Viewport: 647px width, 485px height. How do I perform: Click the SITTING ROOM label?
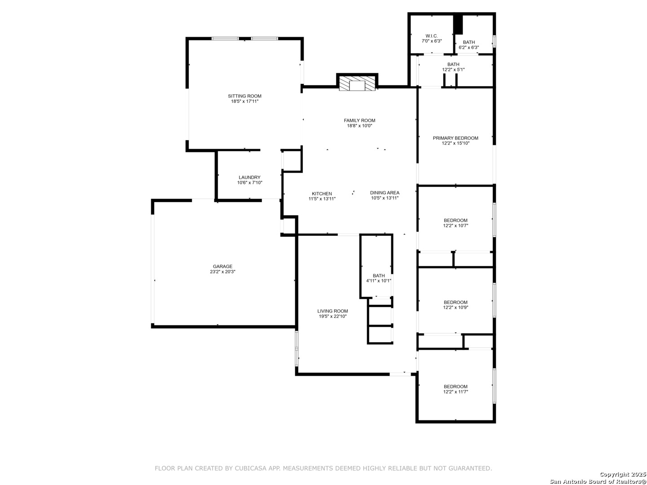click(244, 96)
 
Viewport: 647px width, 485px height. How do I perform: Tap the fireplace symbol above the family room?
click(357, 84)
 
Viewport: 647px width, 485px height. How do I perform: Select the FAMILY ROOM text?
click(359, 120)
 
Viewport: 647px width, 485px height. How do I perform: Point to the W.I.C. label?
click(431, 36)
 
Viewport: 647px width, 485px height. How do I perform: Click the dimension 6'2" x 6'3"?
click(469, 48)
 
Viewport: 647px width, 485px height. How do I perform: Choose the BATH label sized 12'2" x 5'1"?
click(453, 65)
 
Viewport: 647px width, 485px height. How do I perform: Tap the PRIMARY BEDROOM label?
click(456, 138)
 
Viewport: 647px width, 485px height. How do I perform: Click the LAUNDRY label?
click(249, 177)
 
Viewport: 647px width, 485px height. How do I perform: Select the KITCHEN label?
click(322, 194)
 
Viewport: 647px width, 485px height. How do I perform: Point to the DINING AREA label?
click(385, 193)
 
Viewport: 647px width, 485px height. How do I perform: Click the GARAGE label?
click(222, 266)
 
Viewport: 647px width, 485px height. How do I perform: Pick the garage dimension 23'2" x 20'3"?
click(222, 272)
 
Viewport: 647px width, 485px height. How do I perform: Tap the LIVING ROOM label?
click(332, 311)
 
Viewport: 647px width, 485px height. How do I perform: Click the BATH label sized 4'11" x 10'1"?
click(378, 276)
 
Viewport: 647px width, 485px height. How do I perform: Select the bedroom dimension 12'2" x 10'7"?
click(456, 225)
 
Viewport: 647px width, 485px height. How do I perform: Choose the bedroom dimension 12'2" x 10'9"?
click(456, 308)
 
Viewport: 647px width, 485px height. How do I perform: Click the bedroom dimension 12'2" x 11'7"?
click(456, 392)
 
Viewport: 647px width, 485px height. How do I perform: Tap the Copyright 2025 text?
click(623, 474)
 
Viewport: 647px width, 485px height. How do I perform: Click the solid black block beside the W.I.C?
click(458, 24)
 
